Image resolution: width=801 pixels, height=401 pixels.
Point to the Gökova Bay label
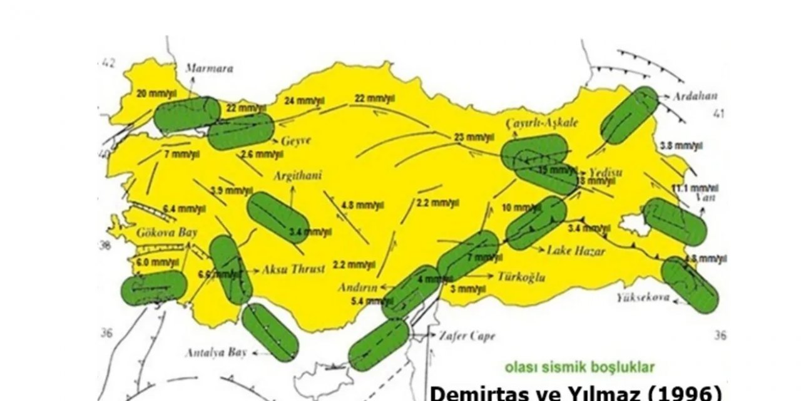pyautogui.click(x=165, y=232)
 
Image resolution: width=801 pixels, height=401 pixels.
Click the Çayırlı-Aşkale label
pyautogui.click(x=541, y=122)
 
